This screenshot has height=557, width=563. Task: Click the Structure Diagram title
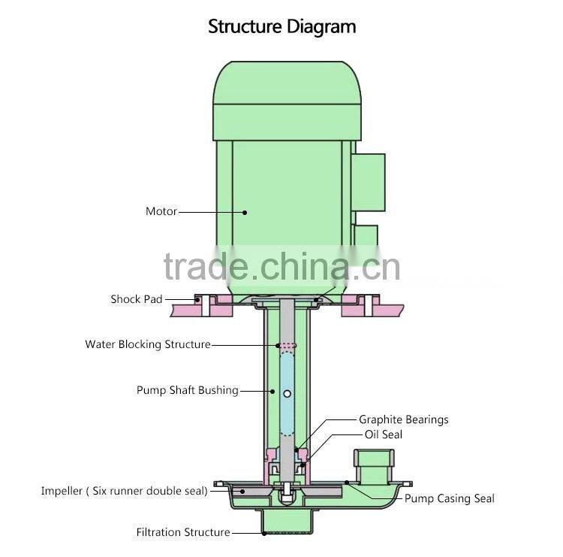point(281,28)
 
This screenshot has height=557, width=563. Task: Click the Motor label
point(161,211)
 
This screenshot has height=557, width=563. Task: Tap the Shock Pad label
point(137,299)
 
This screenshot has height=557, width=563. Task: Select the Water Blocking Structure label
point(148,344)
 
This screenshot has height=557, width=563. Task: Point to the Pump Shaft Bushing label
point(188,390)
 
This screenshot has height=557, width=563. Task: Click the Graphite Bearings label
point(403,419)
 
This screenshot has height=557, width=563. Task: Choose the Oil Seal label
point(383,434)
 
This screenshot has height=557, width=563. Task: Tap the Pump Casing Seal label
point(450,498)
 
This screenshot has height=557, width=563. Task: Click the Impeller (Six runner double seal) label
point(124,491)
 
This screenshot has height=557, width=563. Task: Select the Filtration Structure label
point(183,532)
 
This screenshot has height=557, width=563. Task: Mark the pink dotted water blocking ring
point(287,346)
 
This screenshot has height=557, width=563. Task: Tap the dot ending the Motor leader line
point(245,212)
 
